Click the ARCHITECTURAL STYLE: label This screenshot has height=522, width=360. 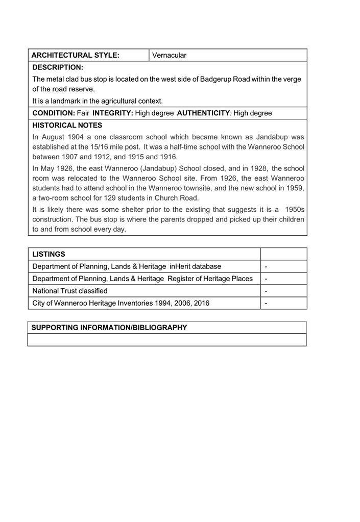point(75,55)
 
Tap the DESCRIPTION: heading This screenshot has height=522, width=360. point(57,67)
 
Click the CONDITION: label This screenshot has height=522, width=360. point(54,113)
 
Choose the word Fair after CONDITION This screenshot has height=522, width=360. point(83,113)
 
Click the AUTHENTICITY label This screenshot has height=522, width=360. point(203,113)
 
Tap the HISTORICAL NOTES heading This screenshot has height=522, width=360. point(67,125)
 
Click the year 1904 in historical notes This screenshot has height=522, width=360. point(76,137)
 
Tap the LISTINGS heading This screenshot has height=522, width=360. point(49,254)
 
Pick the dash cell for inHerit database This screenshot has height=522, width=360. point(267,266)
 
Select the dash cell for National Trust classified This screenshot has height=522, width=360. point(267,291)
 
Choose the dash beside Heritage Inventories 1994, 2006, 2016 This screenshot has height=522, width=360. point(267,303)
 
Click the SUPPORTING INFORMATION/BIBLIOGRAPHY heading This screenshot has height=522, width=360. point(109,327)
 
